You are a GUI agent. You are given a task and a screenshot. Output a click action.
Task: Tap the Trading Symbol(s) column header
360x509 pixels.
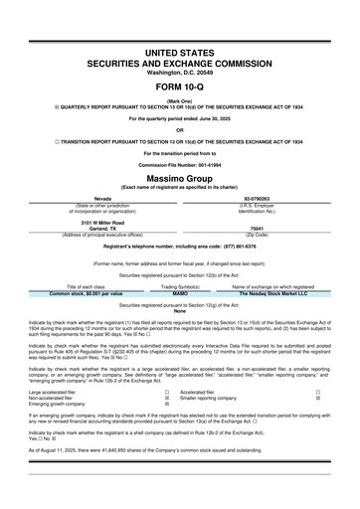180,258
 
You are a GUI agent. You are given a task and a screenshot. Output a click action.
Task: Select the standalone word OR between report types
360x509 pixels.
179,130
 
